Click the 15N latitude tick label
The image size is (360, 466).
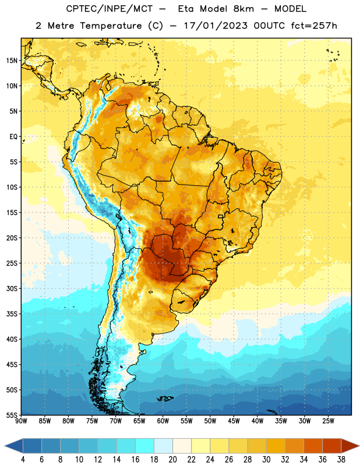(x=12, y=61)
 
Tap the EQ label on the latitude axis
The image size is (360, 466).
(x=13, y=137)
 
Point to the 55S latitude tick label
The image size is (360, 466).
(x=12, y=415)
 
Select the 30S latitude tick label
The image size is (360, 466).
(x=12, y=288)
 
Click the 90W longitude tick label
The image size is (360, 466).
(x=22, y=421)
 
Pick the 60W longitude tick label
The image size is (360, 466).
(x=163, y=421)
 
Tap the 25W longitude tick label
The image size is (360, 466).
(x=328, y=421)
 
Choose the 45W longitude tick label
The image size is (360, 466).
(x=234, y=421)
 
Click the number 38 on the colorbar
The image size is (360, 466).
(x=341, y=460)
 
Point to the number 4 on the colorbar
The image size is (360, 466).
(x=23, y=460)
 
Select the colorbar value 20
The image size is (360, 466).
(x=172, y=460)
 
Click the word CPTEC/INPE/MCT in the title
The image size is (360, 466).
(x=110, y=9)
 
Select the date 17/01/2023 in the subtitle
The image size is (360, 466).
(x=216, y=26)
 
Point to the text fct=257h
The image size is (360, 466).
(x=314, y=26)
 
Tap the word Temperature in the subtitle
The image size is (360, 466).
(x=111, y=26)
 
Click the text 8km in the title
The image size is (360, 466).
(x=243, y=9)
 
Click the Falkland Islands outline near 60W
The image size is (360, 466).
(x=165, y=398)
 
